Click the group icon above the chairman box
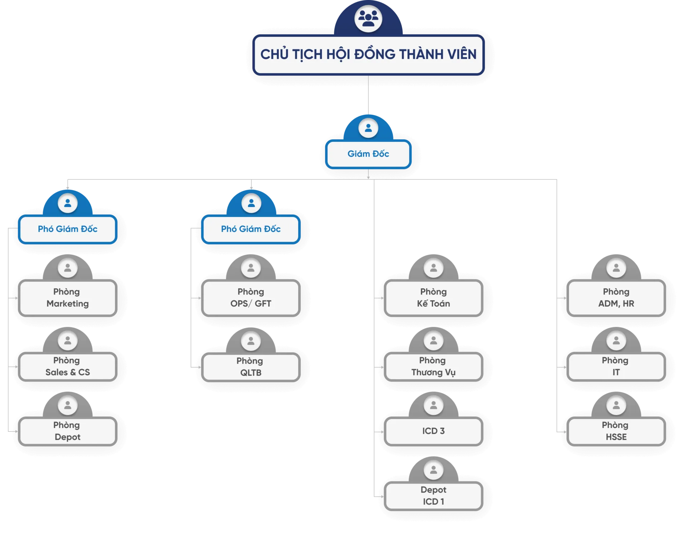pyautogui.click(x=368, y=18)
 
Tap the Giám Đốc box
pyautogui.click(x=368, y=154)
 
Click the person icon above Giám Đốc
pyautogui.click(x=368, y=128)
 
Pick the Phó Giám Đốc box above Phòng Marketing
pyautogui.click(x=68, y=229)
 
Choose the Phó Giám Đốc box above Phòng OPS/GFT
pyautogui.click(x=251, y=229)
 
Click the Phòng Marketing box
pyautogui.click(x=68, y=298)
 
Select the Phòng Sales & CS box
pyautogui.click(x=68, y=366)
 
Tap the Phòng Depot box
pyautogui.click(x=68, y=431)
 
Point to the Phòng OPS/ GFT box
pyautogui.click(x=251, y=298)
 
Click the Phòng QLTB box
pyautogui.click(x=251, y=367)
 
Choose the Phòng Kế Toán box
pyautogui.click(x=434, y=298)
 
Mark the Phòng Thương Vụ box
pyautogui.click(x=434, y=366)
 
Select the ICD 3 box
pyautogui.click(x=434, y=431)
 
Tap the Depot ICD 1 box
pyautogui.click(x=434, y=496)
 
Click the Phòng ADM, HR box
pyautogui.click(x=616, y=298)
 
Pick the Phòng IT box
pyautogui.click(x=616, y=366)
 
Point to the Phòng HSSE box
pyautogui.click(x=616, y=431)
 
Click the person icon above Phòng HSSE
pyautogui.click(x=616, y=405)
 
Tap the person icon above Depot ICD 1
pyautogui.click(x=434, y=470)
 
